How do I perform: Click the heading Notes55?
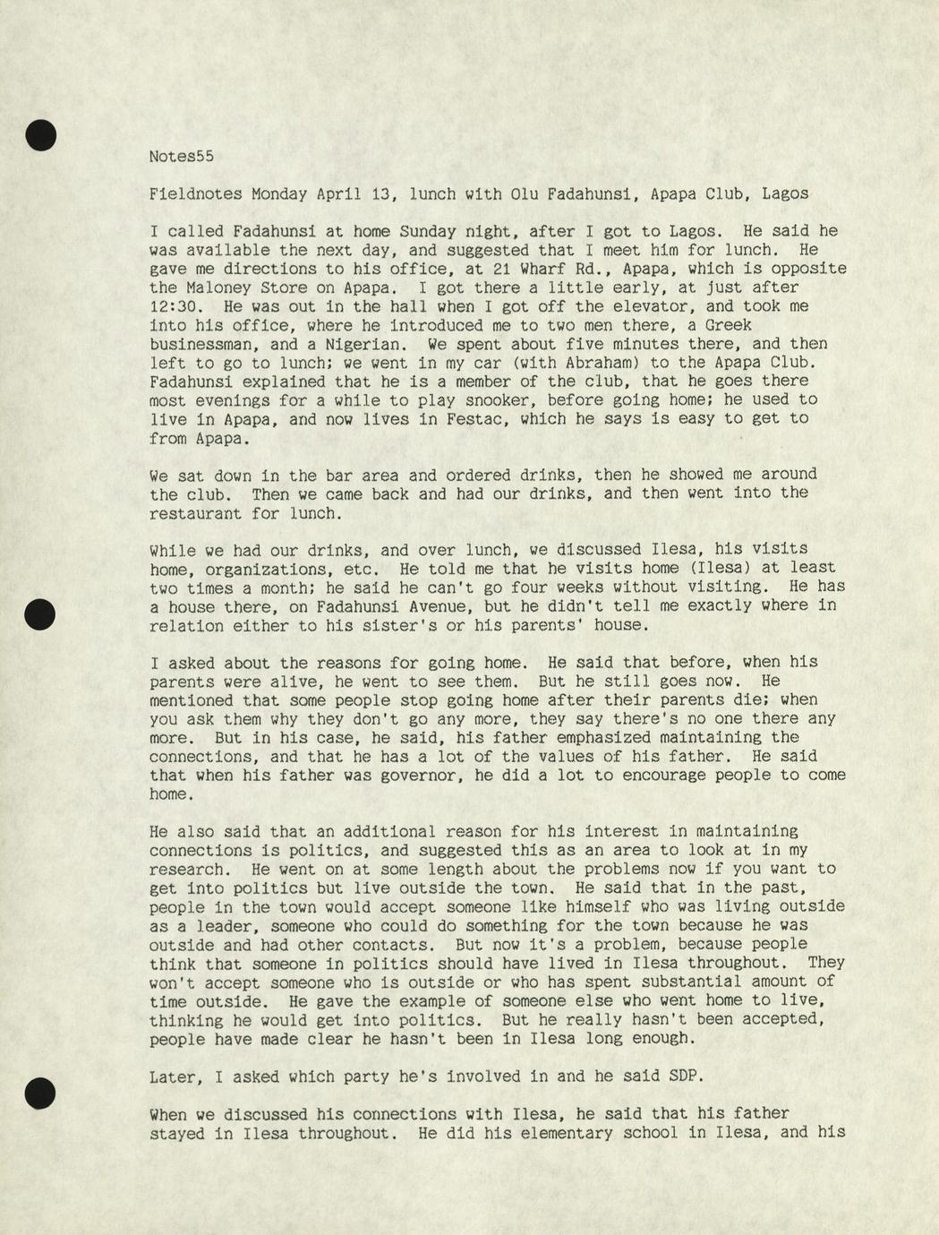[x=181, y=156]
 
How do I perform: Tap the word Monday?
[x=278, y=193]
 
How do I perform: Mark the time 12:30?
[x=172, y=306]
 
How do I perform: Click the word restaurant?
[x=195, y=514]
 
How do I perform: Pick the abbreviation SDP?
[x=684, y=1077]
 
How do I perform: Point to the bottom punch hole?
[x=40, y=1093]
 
